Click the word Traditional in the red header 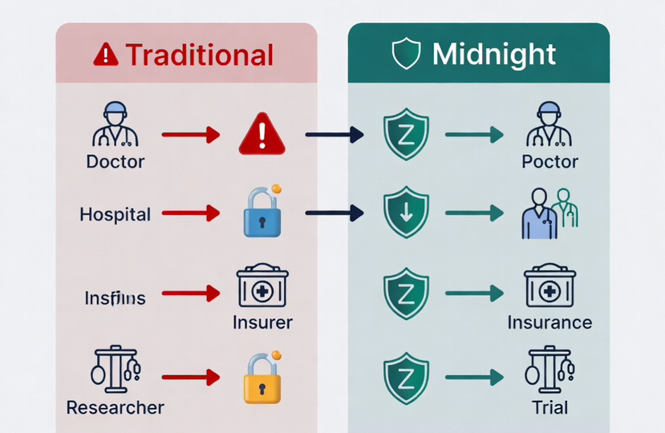click(x=199, y=55)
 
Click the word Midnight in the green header click(x=493, y=55)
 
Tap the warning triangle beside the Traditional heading click(x=105, y=55)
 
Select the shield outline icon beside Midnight click(x=405, y=55)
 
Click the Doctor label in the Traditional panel click(x=116, y=162)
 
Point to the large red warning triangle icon click(x=262, y=134)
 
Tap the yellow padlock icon click(x=262, y=376)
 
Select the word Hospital click(x=115, y=215)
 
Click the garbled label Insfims click(x=115, y=298)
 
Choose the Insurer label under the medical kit click(x=262, y=323)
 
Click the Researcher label click(x=116, y=407)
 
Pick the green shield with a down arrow click(x=406, y=212)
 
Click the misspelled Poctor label click(x=549, y=162)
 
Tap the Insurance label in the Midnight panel click(x=549, y=323)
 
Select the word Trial click(x=549, y=407)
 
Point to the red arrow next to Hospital click(x=190, y=213)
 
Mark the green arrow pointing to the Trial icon click(x=474, y=376)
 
